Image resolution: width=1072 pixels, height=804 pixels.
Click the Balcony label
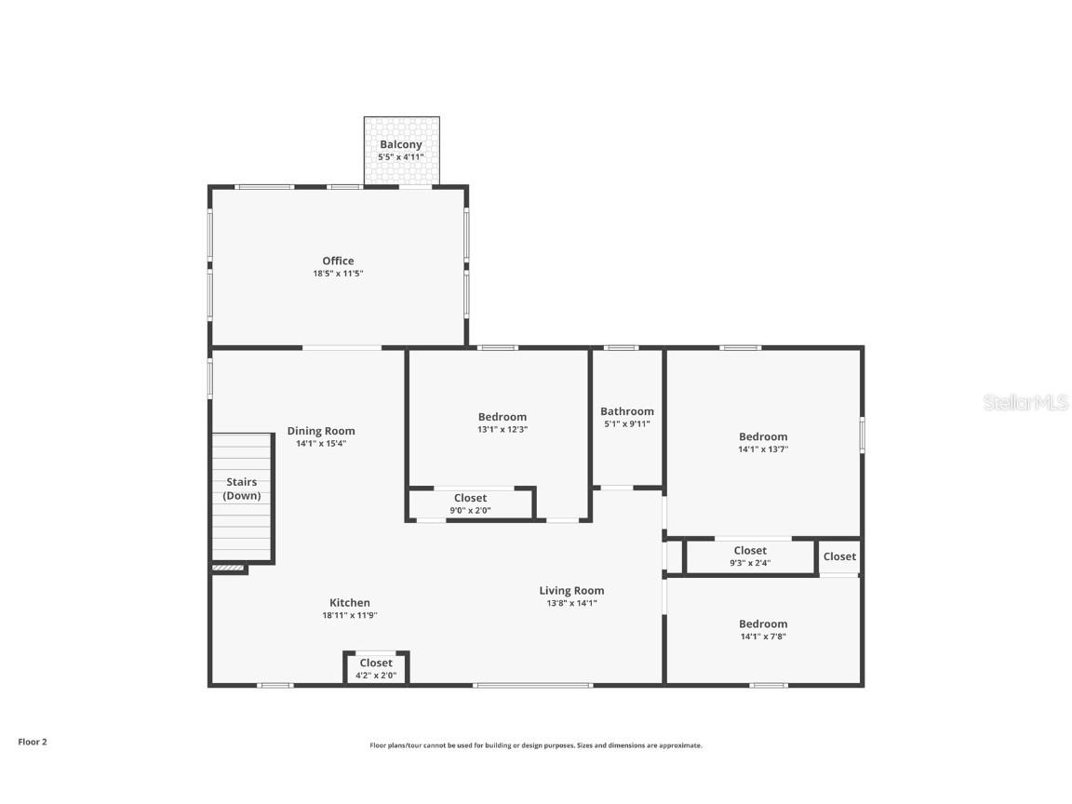[x=401, y=144]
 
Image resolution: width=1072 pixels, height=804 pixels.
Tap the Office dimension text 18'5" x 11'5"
[x=338, y=274]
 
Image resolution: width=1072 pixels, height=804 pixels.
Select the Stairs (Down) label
[x=242, y=489]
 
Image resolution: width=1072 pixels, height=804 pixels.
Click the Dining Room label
[x=321, y=431]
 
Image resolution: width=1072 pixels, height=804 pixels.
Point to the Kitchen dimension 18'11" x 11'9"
[x=350, y=615]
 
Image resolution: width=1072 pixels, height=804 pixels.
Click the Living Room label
[x=571, y=590]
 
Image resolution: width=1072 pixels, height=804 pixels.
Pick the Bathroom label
[x=627, y=411]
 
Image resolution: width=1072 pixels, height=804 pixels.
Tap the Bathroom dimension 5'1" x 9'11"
[x=627, y=423]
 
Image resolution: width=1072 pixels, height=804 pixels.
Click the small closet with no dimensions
[x=839, y=556]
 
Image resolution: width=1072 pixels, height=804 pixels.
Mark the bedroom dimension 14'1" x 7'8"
[x=763, y=636]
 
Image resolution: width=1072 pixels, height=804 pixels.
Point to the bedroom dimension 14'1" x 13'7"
[x=763, y=449]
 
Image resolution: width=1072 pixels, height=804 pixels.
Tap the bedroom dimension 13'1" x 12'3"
[x=502, y=429]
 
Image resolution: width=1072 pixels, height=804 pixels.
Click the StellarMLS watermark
[x=1014, y=403]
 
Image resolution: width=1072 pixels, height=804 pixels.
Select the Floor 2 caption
[x=33, y=742]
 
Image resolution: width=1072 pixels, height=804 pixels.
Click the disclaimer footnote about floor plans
[x=536, y=745]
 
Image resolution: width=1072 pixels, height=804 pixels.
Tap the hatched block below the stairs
[x=228, y=567]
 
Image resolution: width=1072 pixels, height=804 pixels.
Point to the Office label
[x=338, y=261]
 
